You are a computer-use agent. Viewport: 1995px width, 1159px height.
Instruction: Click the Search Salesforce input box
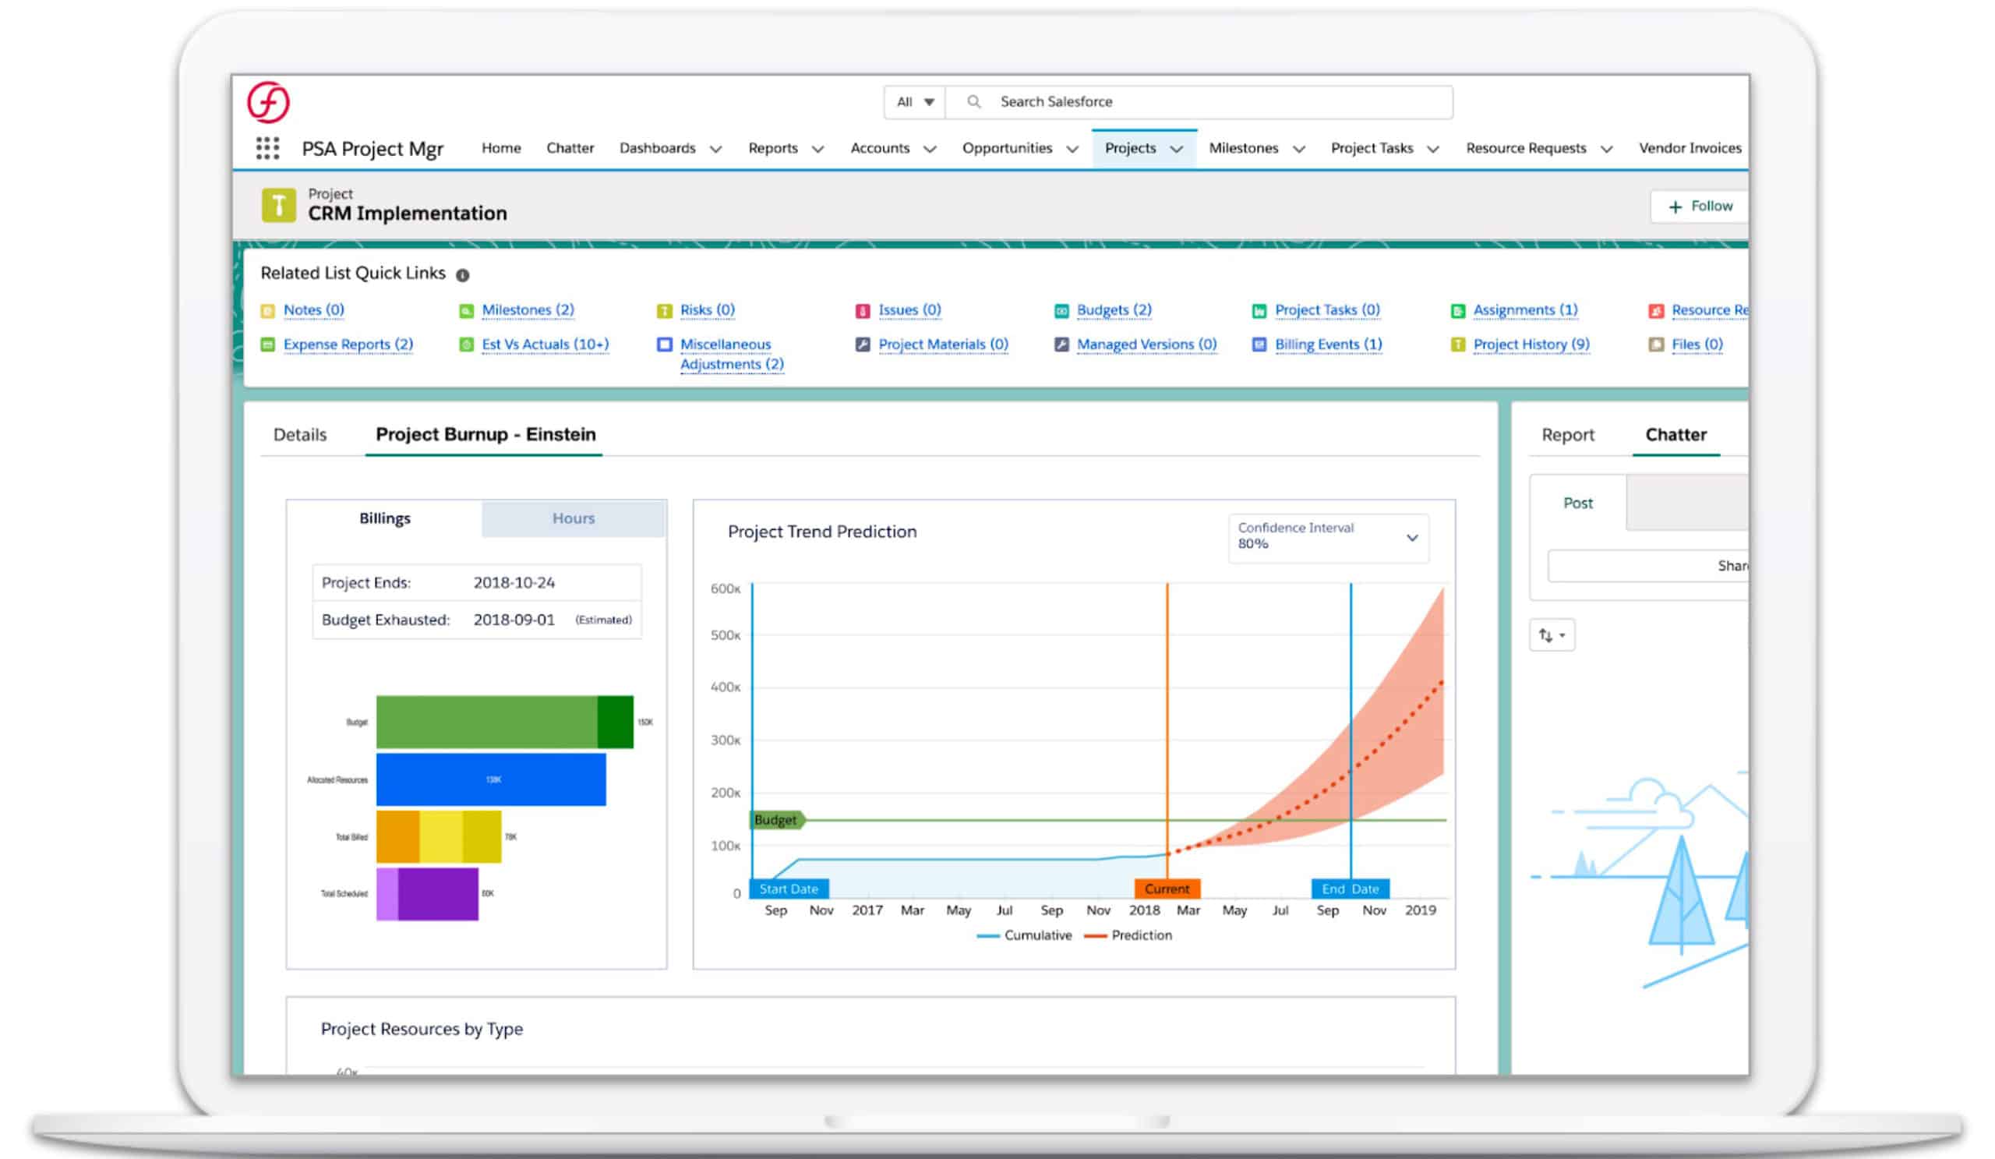point(1199,102)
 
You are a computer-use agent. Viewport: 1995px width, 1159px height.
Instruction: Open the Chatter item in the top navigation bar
point(569,148)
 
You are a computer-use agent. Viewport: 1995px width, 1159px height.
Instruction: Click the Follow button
point(1700,207)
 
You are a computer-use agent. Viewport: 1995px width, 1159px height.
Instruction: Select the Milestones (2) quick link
point(528,310)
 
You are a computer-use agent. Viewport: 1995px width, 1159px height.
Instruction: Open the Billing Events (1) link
point(1328,345)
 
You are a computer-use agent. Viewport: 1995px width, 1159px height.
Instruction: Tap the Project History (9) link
point(1531,345)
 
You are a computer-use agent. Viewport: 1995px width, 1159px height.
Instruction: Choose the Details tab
point(299,435)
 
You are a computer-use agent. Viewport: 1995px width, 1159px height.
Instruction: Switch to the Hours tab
point(573,518)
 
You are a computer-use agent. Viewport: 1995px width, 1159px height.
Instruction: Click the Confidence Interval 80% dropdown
point(1328,538)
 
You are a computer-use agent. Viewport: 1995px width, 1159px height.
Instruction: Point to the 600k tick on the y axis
point(726,589)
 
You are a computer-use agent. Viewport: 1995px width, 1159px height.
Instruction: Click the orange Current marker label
point(1167,889)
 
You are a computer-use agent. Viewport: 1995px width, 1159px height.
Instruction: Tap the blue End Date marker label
point(1350,889)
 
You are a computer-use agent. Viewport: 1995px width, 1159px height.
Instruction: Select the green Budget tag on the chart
point(777,820)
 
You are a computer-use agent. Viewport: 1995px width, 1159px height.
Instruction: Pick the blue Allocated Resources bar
point(491,779)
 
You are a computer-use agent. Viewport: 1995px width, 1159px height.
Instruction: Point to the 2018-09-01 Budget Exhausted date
point(514,620)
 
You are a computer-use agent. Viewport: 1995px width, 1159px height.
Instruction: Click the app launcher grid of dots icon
point(267,149)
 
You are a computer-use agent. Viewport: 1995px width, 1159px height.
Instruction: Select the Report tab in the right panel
point(1566,435)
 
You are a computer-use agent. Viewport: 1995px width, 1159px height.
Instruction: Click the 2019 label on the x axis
point(1419,910)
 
